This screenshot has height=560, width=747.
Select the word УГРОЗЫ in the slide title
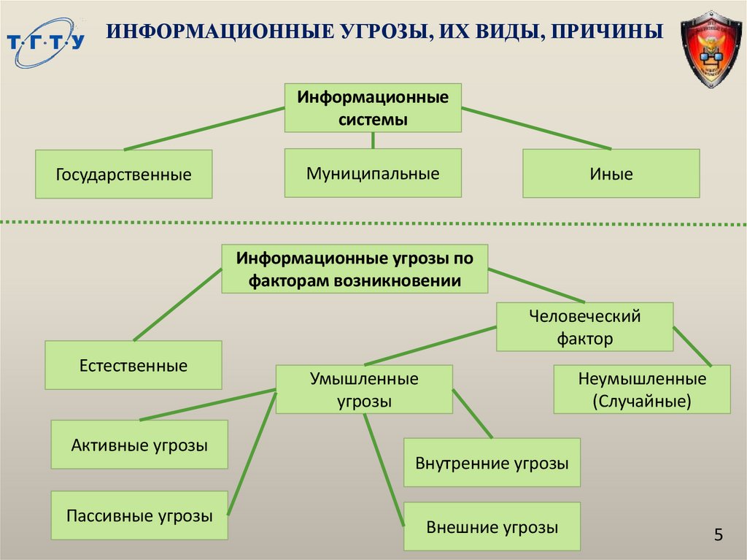(377, 32)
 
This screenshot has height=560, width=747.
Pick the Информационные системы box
(373, 107)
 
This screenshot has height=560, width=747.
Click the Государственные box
(124, 174)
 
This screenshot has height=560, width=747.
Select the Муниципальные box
(373, 173)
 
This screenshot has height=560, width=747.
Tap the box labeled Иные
(611, 174)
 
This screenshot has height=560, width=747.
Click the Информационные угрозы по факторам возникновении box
(355, 269)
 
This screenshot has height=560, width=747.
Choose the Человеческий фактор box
(584, 327)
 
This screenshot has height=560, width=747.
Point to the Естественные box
(133, 365)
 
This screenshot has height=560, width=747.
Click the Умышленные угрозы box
(364, 390)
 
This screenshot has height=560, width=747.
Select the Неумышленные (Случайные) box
(642, 390)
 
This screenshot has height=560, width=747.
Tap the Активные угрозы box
(139, 445)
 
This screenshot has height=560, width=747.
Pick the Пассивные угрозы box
(139, 516)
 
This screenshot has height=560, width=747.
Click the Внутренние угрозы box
(492, 463)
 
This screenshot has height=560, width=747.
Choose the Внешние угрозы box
(492, 526)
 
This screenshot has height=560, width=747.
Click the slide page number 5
(719, 535)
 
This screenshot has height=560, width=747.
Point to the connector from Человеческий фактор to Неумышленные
(692, 345)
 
